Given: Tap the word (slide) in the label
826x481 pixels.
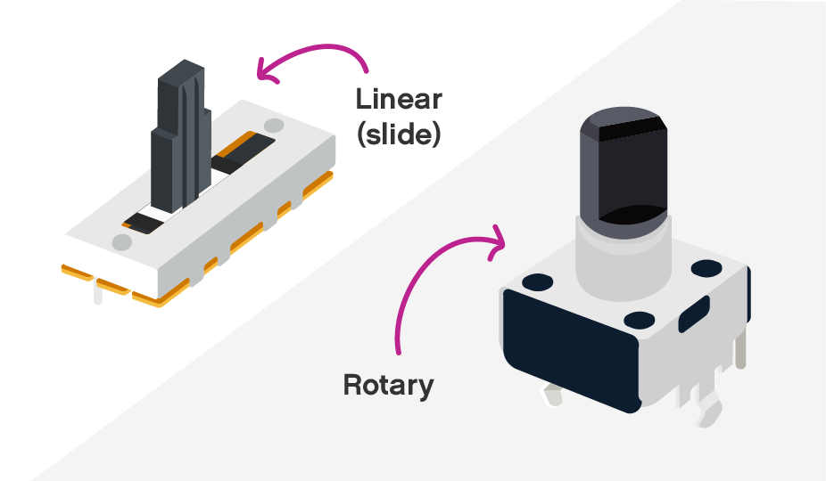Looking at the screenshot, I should pyautogui.click(x=398, y=136).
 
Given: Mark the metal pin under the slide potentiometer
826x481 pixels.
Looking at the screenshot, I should pyautogui.click(x=96, y=293).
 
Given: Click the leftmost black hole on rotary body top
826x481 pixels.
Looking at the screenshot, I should pyautogui.click(x=538, y=283).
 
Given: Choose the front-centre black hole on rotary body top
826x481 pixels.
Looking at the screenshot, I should pyautogui.click(x=640, y=319).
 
